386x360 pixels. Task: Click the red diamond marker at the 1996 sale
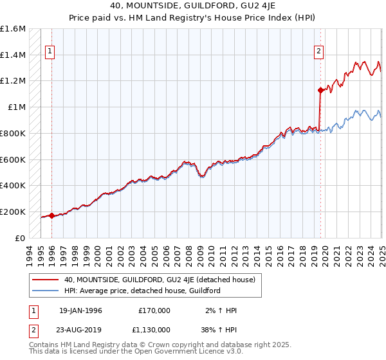[x=51, y=215]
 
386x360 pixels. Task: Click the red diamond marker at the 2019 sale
[x=320, y=90]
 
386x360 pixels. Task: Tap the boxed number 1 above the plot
[x=50, y=53]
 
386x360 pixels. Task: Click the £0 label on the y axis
[x=21, y=238]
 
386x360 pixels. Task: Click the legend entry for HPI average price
[x=142, y=291]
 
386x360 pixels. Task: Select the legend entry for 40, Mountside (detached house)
[x=160, y=280]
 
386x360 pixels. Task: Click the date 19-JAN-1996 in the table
[x=80, y=310]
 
